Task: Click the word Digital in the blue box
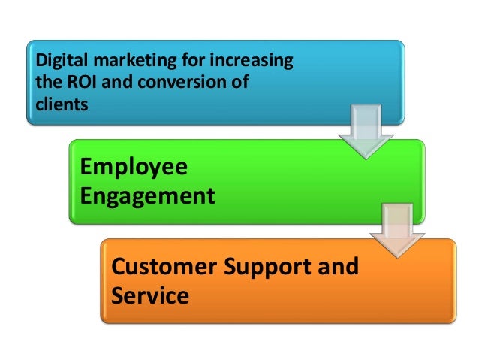coord(56,59)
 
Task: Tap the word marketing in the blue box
coord(122,59)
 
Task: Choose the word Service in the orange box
coord(149,295)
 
